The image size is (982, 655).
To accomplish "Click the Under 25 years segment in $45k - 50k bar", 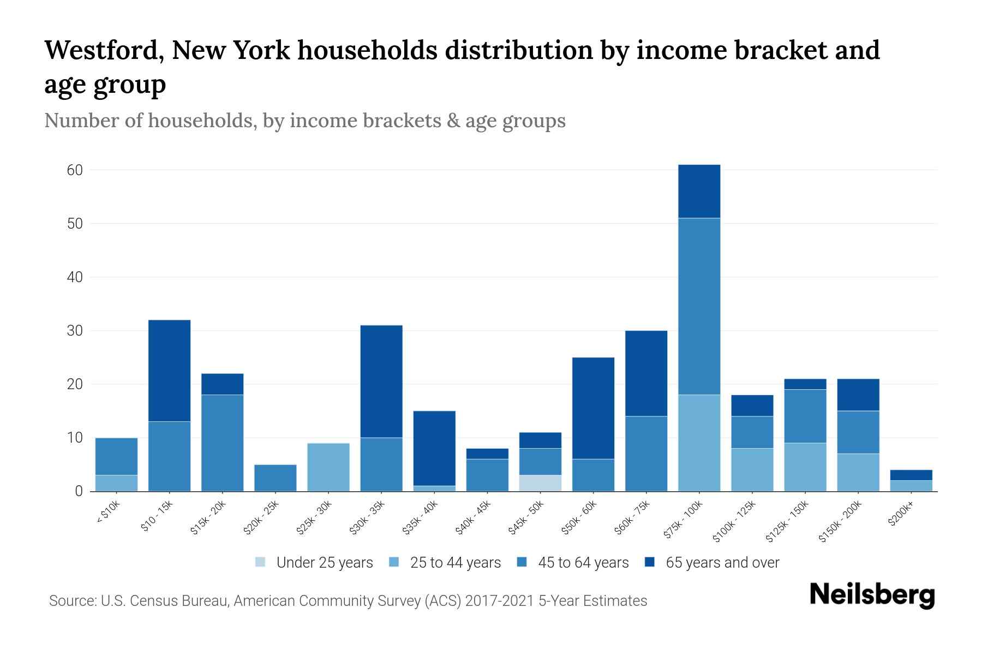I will point(540,483).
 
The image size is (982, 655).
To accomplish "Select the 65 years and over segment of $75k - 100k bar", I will point(699,191).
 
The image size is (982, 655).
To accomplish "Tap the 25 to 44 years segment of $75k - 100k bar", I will point(699,443).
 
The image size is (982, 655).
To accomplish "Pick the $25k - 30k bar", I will point(328,467).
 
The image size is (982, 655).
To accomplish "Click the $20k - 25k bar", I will point(276,478).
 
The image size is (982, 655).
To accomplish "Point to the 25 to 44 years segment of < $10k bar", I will point(116,483).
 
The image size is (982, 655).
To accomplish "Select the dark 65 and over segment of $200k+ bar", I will point(911,475).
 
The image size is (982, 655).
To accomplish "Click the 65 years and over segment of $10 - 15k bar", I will point(169,371).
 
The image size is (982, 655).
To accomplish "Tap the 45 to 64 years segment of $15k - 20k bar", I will point(223,443).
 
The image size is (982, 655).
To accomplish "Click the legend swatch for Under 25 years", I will point(261,562).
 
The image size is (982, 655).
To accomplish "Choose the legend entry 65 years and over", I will point(722,563).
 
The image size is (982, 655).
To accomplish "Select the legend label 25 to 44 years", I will point(456,563).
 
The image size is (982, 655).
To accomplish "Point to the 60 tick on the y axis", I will point(75,170).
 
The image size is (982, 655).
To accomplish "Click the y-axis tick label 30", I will point(75,331).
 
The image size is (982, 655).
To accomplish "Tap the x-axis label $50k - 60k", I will point(580,518).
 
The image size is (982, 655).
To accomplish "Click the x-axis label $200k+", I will point(901,515).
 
